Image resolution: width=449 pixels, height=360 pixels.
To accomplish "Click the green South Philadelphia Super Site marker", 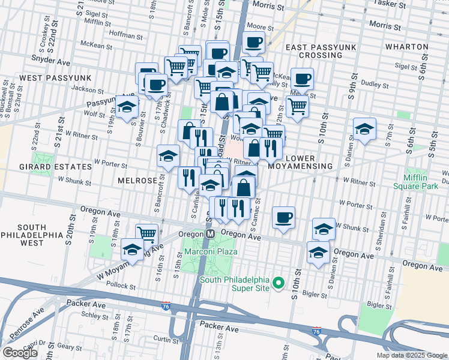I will (x=278, y=282).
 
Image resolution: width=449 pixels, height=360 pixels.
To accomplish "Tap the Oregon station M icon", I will (x=211, y=234).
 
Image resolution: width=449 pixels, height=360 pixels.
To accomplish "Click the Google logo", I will (x=20, y=353).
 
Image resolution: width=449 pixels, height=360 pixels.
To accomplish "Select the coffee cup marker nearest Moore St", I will (x=253, y=43).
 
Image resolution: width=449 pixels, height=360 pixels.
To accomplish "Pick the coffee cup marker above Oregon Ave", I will (x=283, y=217).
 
